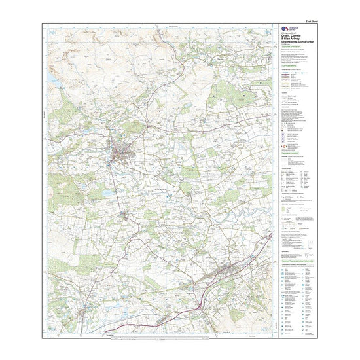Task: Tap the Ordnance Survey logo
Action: pyautogui.click(x=283, y=30)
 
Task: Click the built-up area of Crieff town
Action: pyautogui.click(x=122, y=153)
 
